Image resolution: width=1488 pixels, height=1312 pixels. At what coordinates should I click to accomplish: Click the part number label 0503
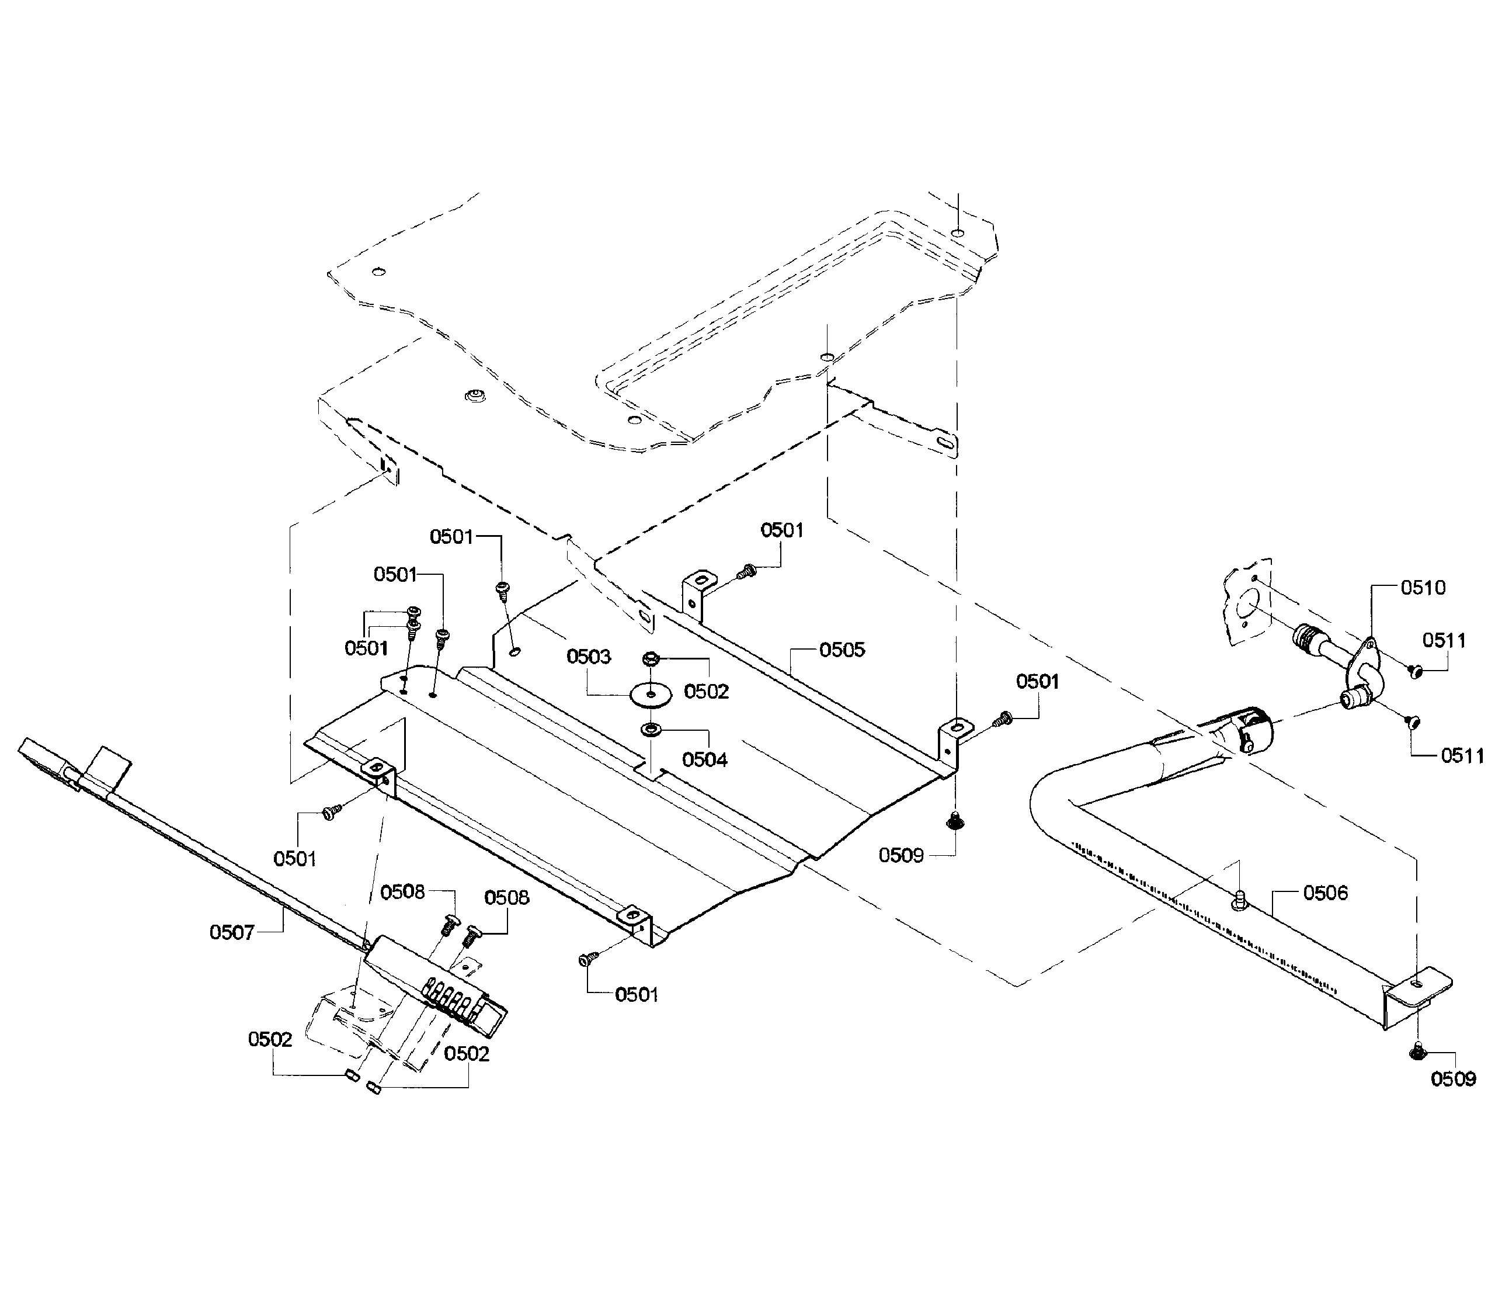(x=588, y=657)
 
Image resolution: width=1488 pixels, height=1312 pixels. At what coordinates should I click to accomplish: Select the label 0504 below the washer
(x=704, y=759)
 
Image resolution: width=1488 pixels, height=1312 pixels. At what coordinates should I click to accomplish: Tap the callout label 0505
(x=842, y=650)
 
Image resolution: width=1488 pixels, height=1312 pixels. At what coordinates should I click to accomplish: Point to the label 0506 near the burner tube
(x=1325, y=893)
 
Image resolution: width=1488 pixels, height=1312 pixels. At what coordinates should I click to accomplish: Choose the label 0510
(x=1423, y=588)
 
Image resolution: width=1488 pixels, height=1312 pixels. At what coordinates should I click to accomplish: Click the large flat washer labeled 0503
(x=649, y=695)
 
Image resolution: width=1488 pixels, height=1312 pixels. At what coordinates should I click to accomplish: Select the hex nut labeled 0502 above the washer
(x=651, y=660)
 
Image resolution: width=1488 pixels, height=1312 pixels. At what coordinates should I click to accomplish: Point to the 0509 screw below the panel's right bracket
(x=954, y=822)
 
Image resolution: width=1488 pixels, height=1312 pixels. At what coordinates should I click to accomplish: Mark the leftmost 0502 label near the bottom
(x=270, y=1039)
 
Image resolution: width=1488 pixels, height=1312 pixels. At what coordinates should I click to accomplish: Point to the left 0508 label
(x=402, y=892)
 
